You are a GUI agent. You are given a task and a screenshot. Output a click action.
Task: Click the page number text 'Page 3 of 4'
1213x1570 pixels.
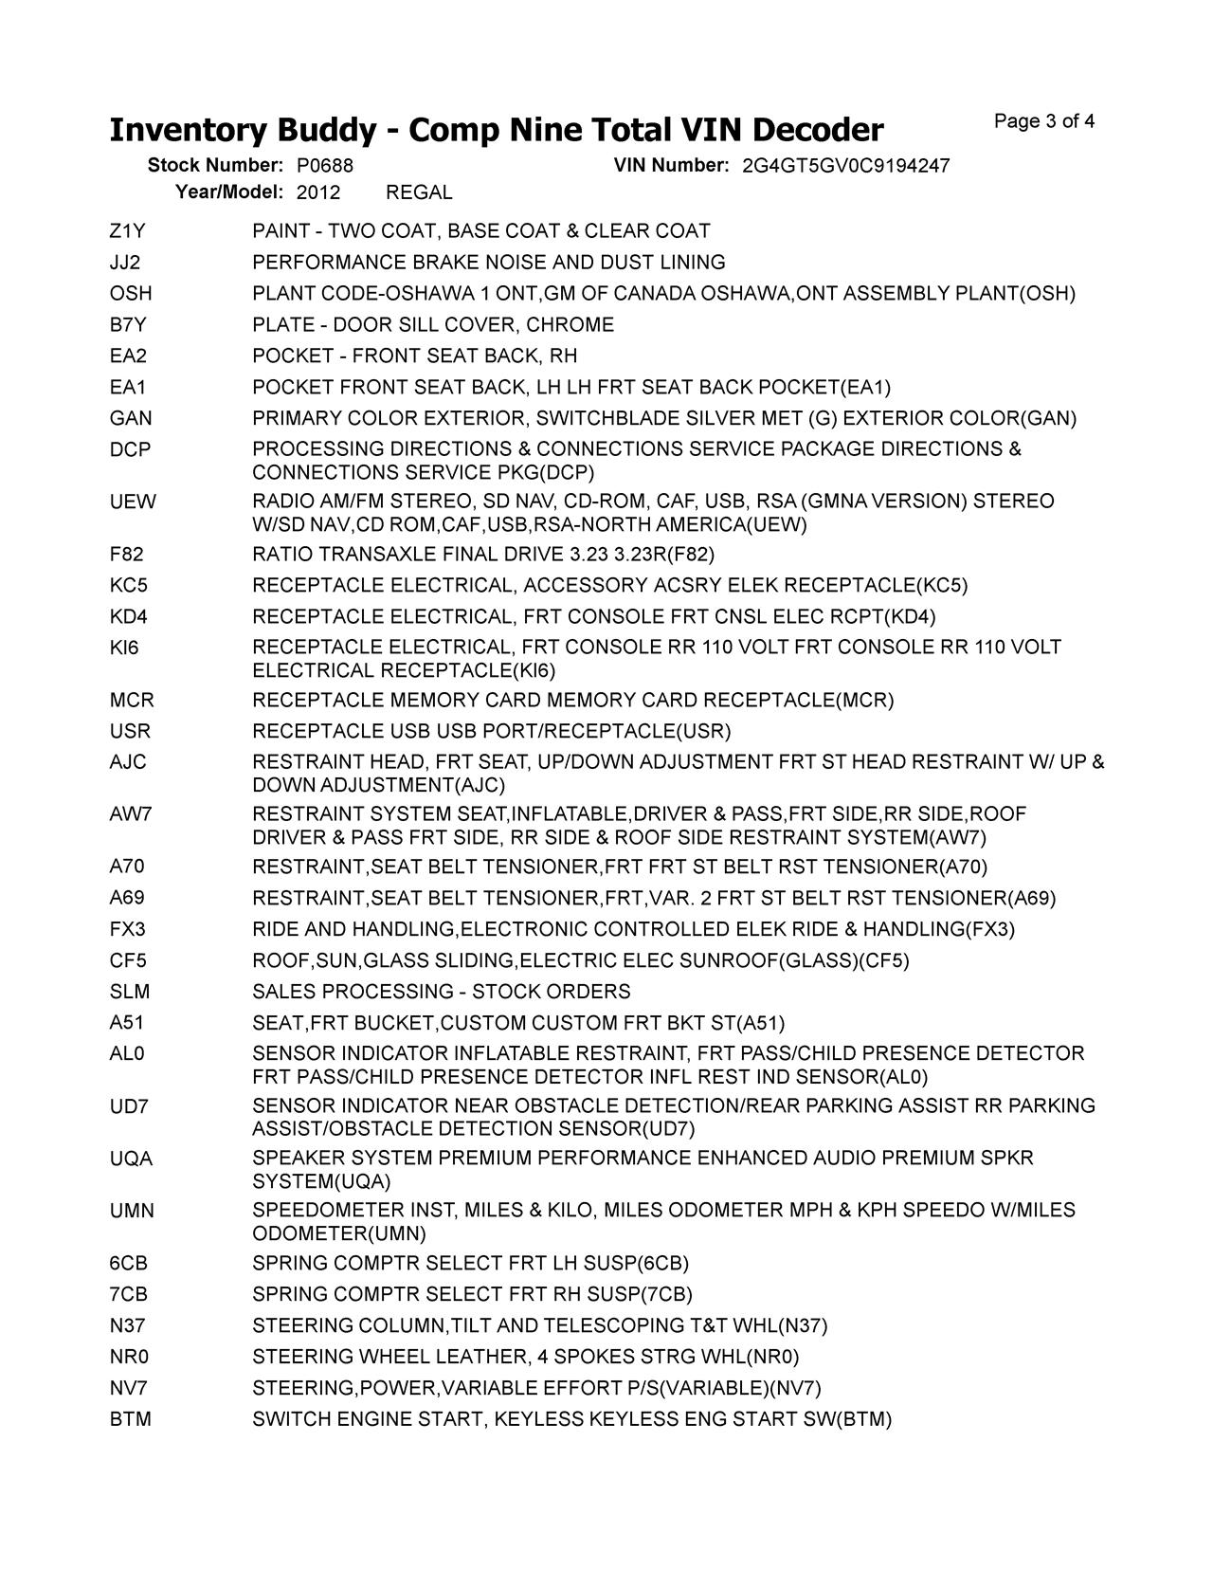[1044, 121]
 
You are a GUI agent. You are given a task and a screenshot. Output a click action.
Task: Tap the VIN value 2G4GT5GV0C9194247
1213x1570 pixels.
[845, 166]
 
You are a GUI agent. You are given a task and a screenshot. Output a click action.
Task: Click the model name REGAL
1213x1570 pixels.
[419, 192]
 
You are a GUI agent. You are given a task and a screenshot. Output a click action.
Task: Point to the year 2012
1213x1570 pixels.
[317, 192]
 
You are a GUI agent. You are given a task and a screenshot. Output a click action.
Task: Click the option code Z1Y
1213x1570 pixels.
[128, 231]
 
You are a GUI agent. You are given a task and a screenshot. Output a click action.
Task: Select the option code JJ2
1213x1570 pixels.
[125, 263]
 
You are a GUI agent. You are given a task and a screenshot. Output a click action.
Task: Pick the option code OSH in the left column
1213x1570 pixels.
[131, 294]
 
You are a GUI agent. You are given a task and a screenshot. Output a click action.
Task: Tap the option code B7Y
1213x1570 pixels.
[129, 325]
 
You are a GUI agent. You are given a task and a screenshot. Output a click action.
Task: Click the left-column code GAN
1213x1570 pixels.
[131, 418]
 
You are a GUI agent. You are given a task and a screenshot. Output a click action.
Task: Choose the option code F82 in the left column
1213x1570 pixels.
[127, 555]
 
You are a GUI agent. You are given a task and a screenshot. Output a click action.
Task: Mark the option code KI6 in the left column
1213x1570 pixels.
[124, 648]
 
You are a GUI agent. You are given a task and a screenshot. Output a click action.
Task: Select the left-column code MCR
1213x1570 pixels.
[132, 701]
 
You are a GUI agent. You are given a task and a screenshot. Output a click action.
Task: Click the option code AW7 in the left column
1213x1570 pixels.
[131, 814]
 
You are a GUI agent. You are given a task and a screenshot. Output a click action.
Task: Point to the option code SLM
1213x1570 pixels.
[130, 992]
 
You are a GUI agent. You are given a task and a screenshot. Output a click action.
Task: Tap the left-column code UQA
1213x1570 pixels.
[132, 1159]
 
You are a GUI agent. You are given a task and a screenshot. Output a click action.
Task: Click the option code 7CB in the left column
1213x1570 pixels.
[129, 1294]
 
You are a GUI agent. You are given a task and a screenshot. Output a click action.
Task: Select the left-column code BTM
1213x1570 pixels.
[131, 1419]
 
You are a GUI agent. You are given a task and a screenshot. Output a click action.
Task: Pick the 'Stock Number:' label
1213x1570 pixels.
[215, 166]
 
